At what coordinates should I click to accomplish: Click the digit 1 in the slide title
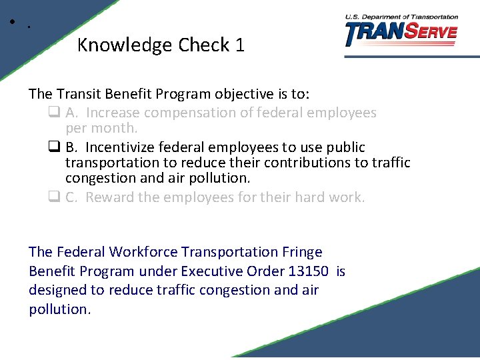240,45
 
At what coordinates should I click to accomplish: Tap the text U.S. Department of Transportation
401,17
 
